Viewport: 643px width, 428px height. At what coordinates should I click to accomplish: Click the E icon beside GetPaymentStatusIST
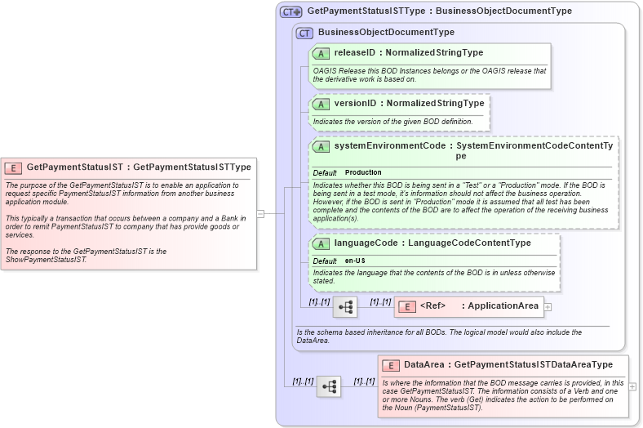(13, 167)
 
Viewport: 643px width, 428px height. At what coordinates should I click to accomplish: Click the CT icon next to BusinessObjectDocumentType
(304, 33)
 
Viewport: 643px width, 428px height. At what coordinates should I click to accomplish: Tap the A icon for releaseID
(321, 53)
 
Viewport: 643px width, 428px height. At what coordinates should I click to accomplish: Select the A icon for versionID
(321, 104)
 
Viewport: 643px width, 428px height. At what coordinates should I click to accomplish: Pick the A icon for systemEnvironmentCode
(321, 146)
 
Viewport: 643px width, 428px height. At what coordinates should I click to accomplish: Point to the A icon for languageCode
(321, 243)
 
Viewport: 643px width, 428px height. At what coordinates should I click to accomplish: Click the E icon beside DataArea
(391, 365)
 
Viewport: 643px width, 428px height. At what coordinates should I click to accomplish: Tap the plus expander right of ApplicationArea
(548, 307)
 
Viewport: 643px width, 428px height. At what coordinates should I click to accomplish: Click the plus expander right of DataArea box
(632, 386)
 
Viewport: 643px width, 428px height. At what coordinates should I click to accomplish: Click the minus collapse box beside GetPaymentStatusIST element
(260, 213)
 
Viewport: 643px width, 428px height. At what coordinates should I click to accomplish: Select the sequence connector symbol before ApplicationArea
(345, 307)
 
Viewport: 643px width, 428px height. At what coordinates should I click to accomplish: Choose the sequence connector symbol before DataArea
(329, 386)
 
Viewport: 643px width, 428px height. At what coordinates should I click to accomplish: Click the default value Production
(363, 173)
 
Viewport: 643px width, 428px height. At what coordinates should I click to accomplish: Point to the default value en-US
(356, 261)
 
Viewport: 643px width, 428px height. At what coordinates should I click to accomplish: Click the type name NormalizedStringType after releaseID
(434, 53)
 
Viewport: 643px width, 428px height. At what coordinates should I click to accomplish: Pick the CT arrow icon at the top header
(290, 12)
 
